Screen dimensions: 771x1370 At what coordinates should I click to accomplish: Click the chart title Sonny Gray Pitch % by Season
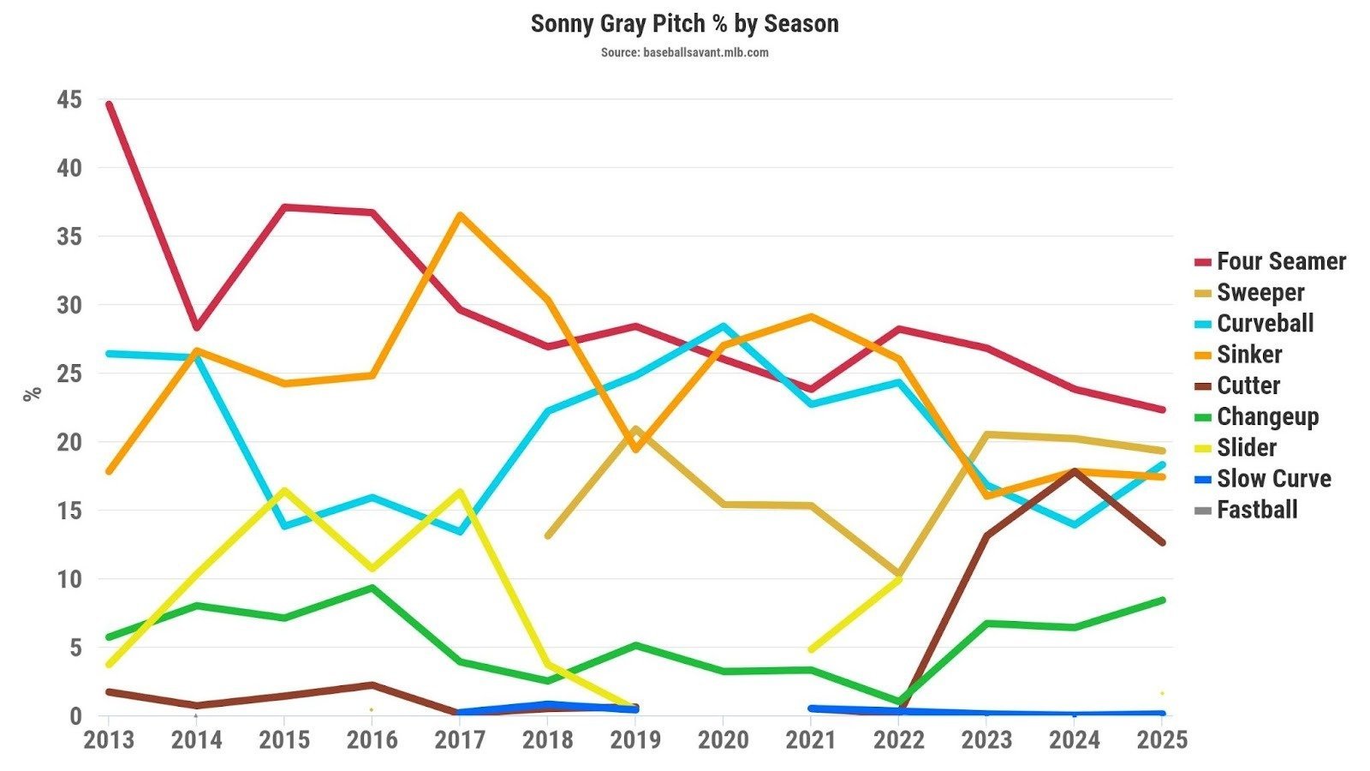(684, 23)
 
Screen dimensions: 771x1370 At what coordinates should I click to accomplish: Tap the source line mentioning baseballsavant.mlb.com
(684, 52)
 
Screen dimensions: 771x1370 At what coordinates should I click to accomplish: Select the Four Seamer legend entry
(1281, 261)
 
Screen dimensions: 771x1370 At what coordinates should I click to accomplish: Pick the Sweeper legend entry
(1260, 292)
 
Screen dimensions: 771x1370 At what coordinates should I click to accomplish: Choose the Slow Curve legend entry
(1274, 478)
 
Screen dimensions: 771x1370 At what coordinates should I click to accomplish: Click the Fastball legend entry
(1257, 510)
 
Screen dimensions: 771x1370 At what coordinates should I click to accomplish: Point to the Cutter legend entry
(1248, 385)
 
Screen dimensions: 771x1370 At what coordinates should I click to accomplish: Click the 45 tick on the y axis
(69, 99)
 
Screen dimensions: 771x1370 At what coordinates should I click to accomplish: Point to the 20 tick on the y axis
(69, 442)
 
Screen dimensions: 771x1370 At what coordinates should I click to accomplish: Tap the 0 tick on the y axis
(75, 715)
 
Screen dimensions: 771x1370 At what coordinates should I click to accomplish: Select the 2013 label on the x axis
(109, 739)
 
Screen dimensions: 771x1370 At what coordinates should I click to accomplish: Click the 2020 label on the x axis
(724, 739)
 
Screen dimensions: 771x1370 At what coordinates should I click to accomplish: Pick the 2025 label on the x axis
(1161, 739)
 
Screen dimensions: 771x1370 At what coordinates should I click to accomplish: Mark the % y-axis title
(33, 394)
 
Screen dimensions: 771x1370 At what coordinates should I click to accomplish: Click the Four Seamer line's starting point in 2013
(109, 104)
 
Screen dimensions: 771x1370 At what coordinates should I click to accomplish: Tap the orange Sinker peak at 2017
(460, 214)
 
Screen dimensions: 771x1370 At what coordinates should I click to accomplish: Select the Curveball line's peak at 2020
(724, 326)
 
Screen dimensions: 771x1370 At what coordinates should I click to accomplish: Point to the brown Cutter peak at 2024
(1074, 470)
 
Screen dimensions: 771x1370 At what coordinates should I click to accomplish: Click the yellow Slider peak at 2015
(284, 490)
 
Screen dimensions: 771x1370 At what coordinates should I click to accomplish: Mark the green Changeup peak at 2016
(372, 588)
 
